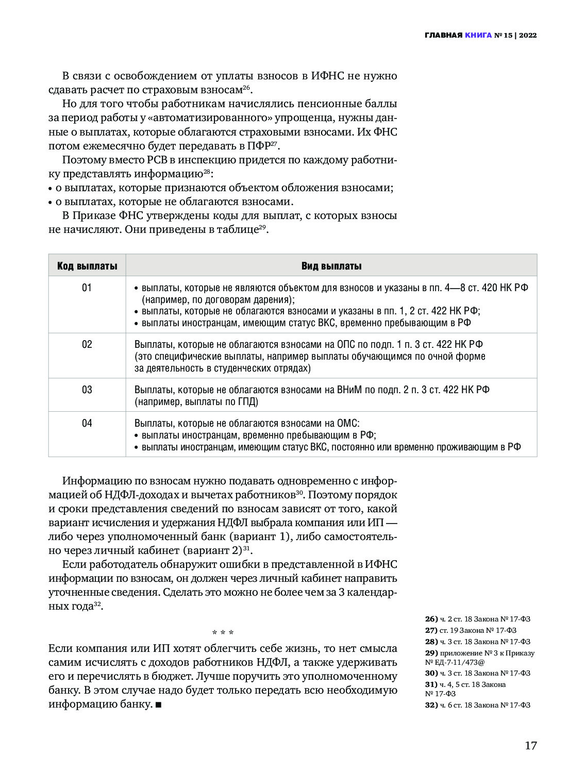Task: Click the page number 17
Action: tap(530, 745)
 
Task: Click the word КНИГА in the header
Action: tap(478, 36)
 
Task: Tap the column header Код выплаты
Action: tap(87, 266)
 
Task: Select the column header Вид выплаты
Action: tap(331, 266)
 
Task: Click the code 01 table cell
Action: tap(87, 288)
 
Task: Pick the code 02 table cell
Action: tap(87, 344)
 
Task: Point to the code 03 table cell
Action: tap(87, 390)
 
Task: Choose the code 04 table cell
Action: tap(87, 423)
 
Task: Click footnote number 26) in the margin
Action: tap(431, 619)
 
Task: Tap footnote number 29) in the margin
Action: tap(431, 653)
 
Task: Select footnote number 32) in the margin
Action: tap(431, 705)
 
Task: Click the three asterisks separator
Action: tap(223, 633)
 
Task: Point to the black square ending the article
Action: tap(158, 704)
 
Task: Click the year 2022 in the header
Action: tap(527, 36)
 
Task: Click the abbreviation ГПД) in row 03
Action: tap(247, 401)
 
